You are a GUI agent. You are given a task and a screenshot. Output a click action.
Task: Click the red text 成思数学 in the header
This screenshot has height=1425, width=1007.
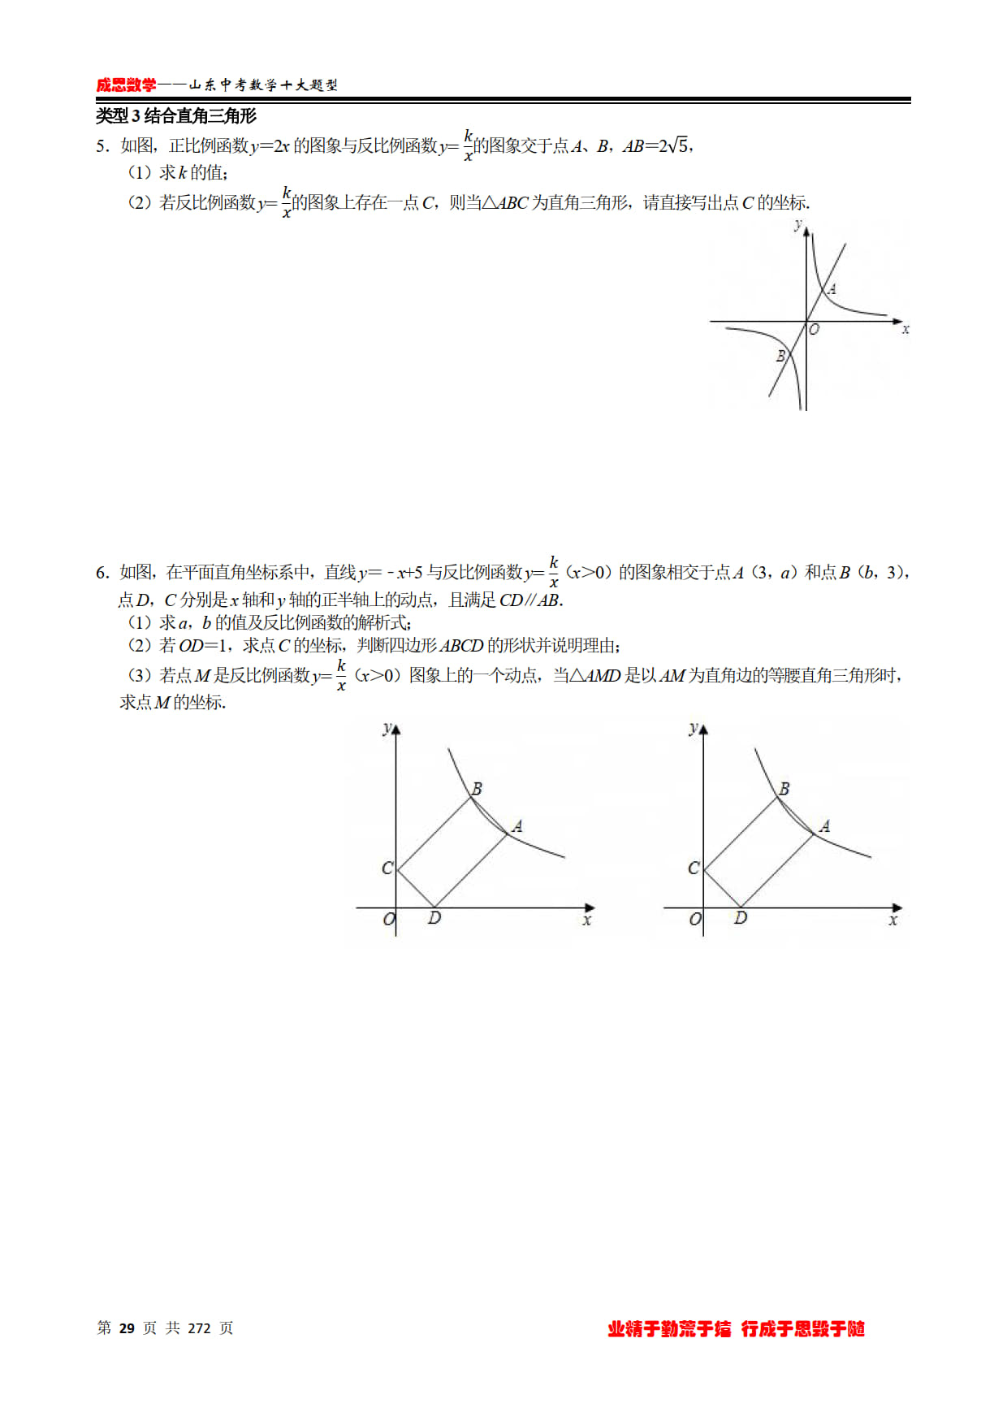click(126, 85)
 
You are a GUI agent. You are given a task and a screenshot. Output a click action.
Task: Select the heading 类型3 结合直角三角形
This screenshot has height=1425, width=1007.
click(176, 116)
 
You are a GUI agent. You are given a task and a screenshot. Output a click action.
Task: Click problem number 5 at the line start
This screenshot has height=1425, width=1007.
click(102, 146)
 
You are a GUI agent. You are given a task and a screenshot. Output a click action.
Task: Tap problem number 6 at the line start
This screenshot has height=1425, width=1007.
click(102, 573)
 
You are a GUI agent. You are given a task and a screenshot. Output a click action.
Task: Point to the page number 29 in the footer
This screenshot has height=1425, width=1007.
click(127, 1328)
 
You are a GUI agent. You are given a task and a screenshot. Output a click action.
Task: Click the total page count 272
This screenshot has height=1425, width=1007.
click(199, 1328)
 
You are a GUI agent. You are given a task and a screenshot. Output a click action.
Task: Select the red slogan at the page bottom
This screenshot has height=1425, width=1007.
click(736, 1329)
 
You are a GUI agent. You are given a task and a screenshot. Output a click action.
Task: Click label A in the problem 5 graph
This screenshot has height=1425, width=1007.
click(832, 289)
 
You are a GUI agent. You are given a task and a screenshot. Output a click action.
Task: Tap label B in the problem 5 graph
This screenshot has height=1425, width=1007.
click(780, 356)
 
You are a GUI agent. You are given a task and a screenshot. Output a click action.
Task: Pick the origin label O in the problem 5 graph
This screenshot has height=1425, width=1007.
click(814, 329)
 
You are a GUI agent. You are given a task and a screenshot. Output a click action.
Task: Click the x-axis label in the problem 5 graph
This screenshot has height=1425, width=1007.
click(905, 329)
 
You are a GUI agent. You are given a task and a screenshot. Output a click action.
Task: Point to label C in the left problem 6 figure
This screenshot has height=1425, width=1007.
click(387, 868)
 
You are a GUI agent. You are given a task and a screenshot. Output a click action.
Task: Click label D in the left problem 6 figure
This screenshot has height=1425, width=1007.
click(434, 918)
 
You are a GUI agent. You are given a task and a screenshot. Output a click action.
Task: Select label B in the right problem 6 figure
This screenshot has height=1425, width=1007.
click(784, 788)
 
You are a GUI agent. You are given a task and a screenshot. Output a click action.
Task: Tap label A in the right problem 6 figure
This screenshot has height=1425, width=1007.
click(824, 826)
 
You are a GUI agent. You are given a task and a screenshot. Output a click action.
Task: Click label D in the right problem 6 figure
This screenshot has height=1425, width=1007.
click(741, 918)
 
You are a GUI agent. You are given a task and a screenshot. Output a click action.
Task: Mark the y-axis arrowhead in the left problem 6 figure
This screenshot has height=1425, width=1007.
click(395, 730)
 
